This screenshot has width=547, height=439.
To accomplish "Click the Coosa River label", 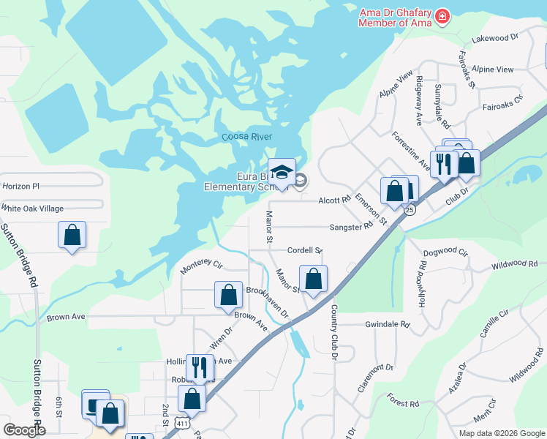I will click(x=246, y=137).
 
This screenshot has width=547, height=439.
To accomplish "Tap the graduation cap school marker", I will click(x=282, y=173).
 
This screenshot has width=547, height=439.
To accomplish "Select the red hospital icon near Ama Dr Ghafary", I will click(x=442, y=16).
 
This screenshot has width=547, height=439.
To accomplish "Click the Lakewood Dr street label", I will click(x=495, y=37).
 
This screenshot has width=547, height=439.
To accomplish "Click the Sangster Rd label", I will click(x=351, y=228).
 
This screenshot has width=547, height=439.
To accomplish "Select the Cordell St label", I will click(x=305, y=250).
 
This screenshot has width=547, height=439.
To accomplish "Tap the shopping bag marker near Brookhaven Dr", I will click(x=228, y=295).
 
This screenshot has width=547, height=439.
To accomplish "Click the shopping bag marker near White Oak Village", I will click(x=72, y=235).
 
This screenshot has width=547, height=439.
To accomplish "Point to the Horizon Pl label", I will click(x=20, y=187).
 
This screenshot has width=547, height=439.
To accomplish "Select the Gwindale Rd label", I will click(x=388, y=323).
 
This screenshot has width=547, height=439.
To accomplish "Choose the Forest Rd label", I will click(x=403, y=403).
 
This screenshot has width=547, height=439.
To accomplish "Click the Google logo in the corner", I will click(x=24, y=430).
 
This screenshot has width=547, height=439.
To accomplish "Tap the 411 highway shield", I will click(x=182, y=423).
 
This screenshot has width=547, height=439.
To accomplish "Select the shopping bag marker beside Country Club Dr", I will click(x=313, y=279).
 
